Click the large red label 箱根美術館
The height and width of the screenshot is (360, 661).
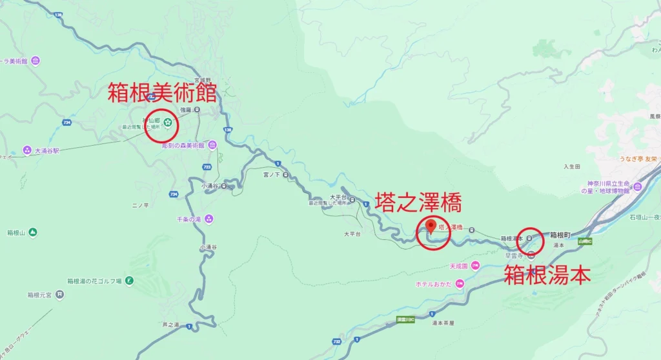(x=161, y=94)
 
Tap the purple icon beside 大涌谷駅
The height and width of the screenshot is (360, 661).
(x=27, y=150)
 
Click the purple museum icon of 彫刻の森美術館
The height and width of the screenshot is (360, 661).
(x=211, y=145)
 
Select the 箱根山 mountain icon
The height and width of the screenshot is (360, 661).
(x=32, y=232)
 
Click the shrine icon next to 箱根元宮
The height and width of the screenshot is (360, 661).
(x=59, y=295)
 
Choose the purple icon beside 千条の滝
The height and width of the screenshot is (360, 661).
(x=208, y=219)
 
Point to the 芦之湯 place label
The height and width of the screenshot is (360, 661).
(x=170, y=324)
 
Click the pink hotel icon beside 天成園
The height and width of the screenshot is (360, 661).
(x=475, y=265)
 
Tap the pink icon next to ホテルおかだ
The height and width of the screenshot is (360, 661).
(x=460, y=283)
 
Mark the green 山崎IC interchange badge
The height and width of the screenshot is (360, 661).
(x=584, y=241)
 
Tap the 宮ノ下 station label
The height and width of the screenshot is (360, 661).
(x=272, y=174)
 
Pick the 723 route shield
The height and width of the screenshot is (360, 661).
(x=207, y=166)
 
